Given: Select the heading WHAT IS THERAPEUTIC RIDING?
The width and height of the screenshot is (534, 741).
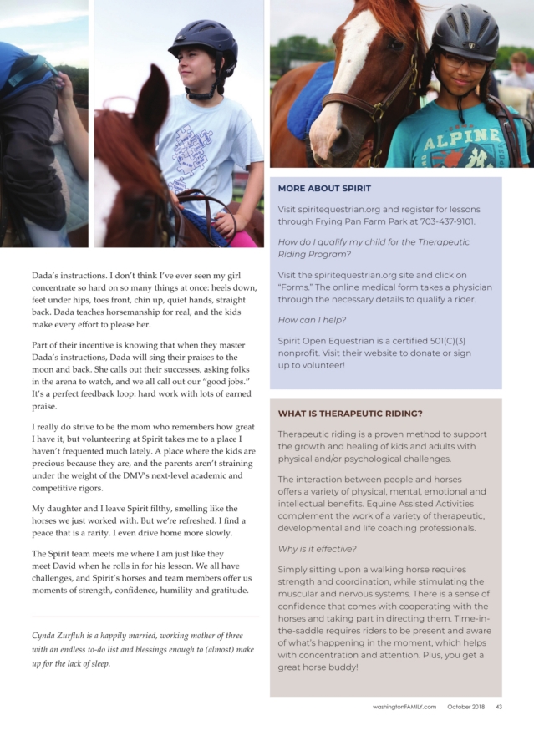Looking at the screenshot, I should (350, 414).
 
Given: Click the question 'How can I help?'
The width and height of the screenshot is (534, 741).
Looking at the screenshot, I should (308, 319).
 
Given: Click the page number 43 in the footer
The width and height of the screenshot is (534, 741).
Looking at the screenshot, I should (498, 708).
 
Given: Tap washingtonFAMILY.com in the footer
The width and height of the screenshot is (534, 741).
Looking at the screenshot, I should (404, 708).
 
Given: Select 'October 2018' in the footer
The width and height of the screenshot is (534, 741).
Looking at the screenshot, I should (465, 708).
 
